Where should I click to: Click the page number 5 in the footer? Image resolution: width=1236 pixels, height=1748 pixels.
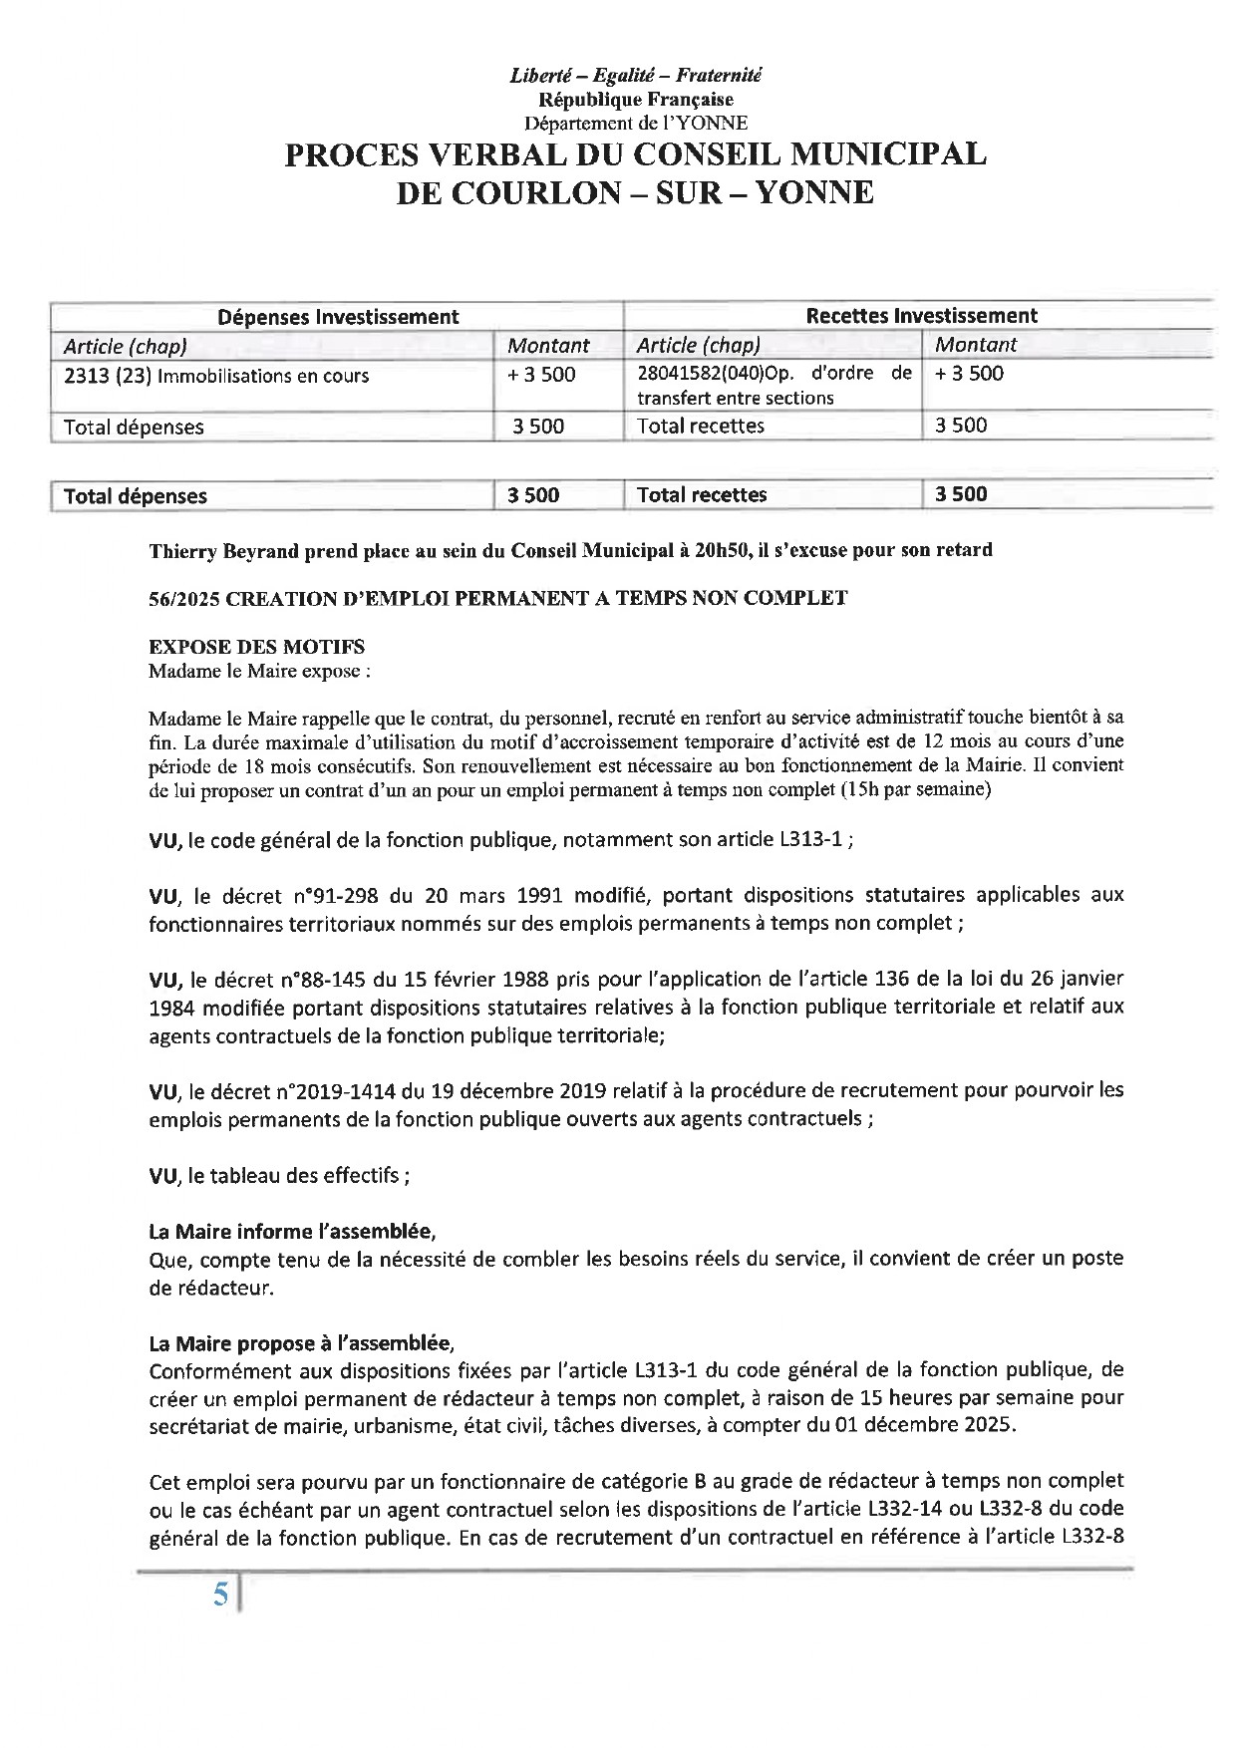[x=220, y=1596]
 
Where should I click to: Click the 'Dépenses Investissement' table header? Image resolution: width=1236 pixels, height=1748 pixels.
[x=338, y=317]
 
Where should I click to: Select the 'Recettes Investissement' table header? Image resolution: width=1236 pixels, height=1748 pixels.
[x=921, y=316]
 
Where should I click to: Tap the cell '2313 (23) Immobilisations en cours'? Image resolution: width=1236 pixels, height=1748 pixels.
[x=216, y=376]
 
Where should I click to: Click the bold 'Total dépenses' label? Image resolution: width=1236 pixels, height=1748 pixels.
[x=136, y=495]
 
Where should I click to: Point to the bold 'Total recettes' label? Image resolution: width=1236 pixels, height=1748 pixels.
[x=702, y=494]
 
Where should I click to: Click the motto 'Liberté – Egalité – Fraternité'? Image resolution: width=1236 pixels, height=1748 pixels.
[x=635, y=75]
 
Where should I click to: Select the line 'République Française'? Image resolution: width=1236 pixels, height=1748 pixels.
[x=635, y=99]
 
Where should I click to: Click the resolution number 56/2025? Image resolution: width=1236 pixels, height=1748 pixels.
[x=183, y=598]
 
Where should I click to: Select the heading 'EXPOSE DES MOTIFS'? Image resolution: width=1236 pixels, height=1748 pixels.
[x=256, y=647]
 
